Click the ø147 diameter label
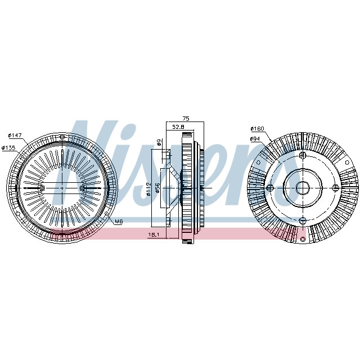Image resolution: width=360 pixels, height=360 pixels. tap(15, 136)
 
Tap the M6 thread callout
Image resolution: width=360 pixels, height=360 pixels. tap(119, 222)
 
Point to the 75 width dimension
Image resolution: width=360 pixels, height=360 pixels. tap(186, 118)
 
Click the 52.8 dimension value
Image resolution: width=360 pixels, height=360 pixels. tap(178, 128)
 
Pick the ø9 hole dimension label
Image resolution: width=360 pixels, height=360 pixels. tap(160, 143)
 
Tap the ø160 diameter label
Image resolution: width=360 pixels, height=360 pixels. tap(256, 129)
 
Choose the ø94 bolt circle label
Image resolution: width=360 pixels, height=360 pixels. tap(255, 138)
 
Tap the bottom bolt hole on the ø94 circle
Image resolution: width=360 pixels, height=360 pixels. tap(303, 219)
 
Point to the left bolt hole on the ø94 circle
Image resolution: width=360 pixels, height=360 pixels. tap(271, 188)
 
